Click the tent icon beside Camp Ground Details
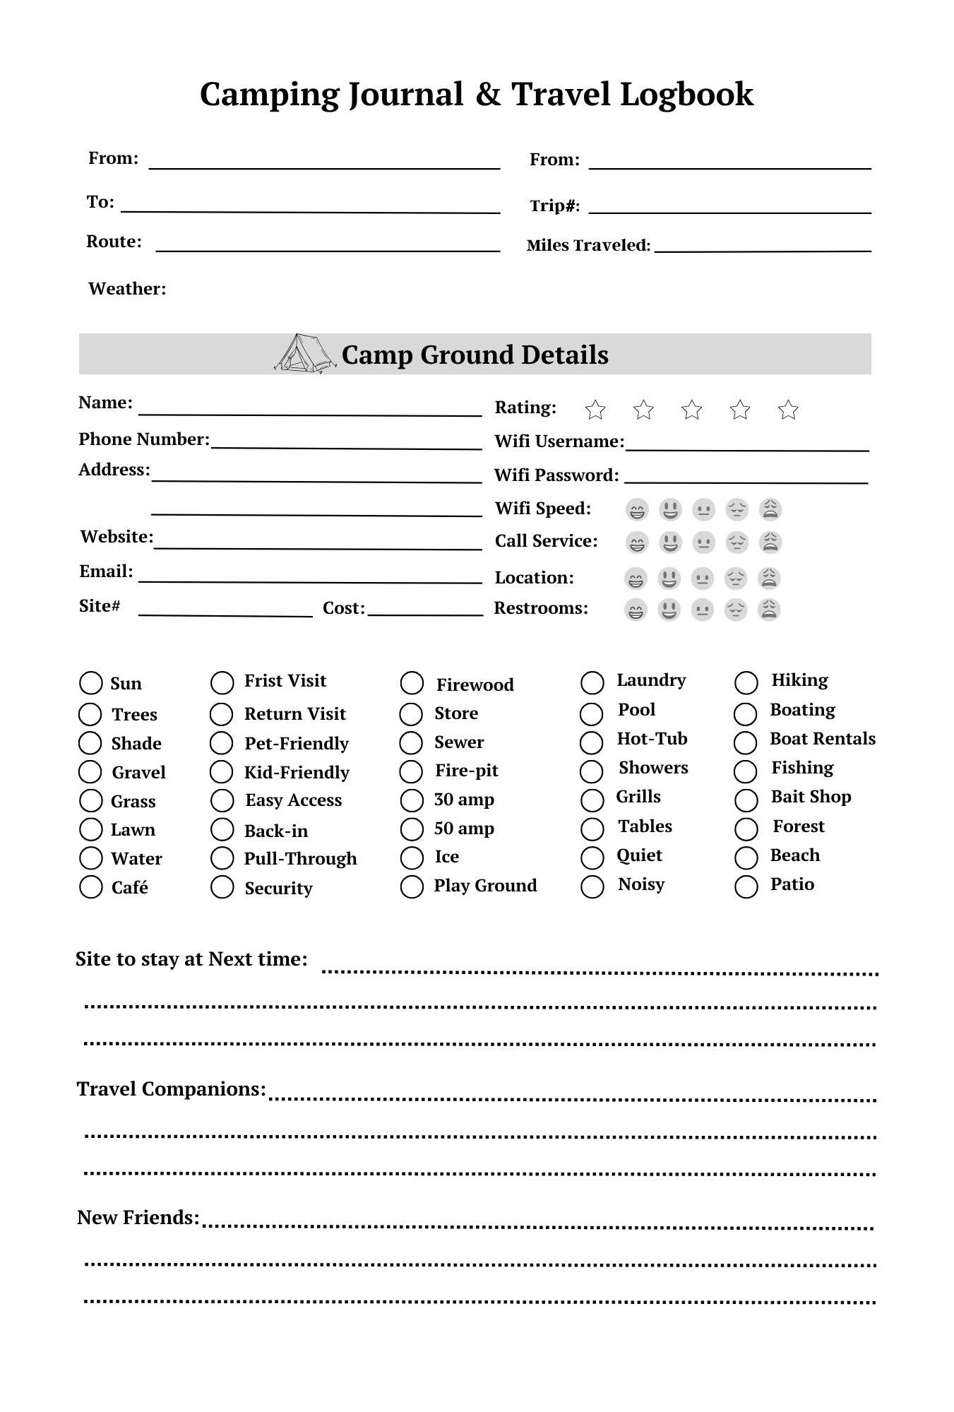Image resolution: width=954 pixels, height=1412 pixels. (304, 353)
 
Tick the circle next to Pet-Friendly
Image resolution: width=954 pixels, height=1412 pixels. (222, 743)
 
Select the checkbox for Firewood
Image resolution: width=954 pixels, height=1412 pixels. (412, 683)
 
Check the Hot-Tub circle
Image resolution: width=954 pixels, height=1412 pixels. (592, 742)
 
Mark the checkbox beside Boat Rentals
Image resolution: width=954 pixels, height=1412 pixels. (746, 742)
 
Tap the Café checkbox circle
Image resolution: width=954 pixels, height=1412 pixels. (91, 887)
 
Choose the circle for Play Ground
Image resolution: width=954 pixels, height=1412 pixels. (412, 886)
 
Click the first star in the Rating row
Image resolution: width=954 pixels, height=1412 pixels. (595, 410)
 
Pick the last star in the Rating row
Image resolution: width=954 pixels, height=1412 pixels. (788, 410)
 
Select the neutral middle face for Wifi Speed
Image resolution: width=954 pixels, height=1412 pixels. (703, 509)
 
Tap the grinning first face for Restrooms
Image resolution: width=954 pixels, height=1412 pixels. (636, 610)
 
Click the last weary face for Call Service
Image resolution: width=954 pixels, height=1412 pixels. (770, 542)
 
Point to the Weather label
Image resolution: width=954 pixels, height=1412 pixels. (127, 289)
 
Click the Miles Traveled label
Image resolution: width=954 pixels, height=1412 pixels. (588, 246)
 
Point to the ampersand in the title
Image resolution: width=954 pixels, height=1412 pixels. (487, 95)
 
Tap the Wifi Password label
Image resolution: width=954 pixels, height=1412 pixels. (556, 475)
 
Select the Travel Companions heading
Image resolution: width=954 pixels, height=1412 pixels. (171, 1089)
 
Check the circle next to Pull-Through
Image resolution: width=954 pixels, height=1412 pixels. (222, 858)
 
